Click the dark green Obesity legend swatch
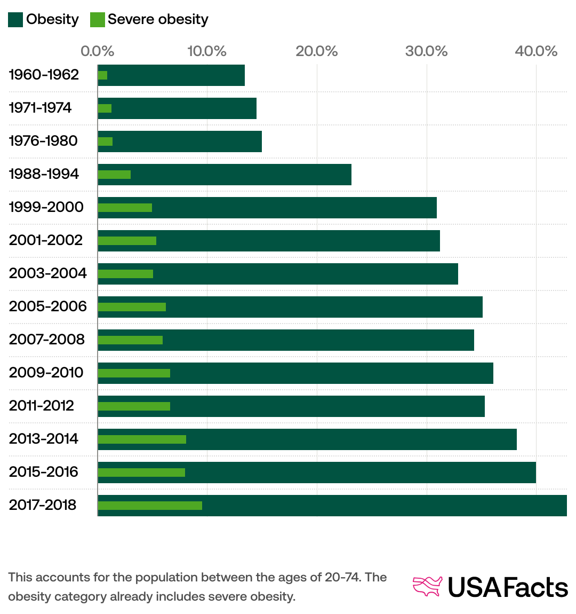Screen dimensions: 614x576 (15, 20)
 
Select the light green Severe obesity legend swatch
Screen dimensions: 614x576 (98, 20)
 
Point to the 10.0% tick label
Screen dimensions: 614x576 (207, 51)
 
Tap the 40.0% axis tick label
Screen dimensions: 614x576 (536, 51)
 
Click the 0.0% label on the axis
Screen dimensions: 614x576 (98, 51)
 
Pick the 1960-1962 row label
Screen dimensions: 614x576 (44, 75)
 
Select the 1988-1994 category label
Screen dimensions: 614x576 (44, 174)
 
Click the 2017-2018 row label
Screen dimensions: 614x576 (43, 505)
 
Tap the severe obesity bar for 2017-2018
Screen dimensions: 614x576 (150, 506)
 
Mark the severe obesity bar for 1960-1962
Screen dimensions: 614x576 (102, 75)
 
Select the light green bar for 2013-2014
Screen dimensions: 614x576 (142, 439)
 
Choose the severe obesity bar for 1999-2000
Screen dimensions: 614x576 (125, 208)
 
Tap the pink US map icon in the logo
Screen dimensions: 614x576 (428, 586)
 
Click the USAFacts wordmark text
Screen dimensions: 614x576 (507, 587)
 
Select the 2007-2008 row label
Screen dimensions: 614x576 (47, 340)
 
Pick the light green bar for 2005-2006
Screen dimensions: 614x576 (132, 307)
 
